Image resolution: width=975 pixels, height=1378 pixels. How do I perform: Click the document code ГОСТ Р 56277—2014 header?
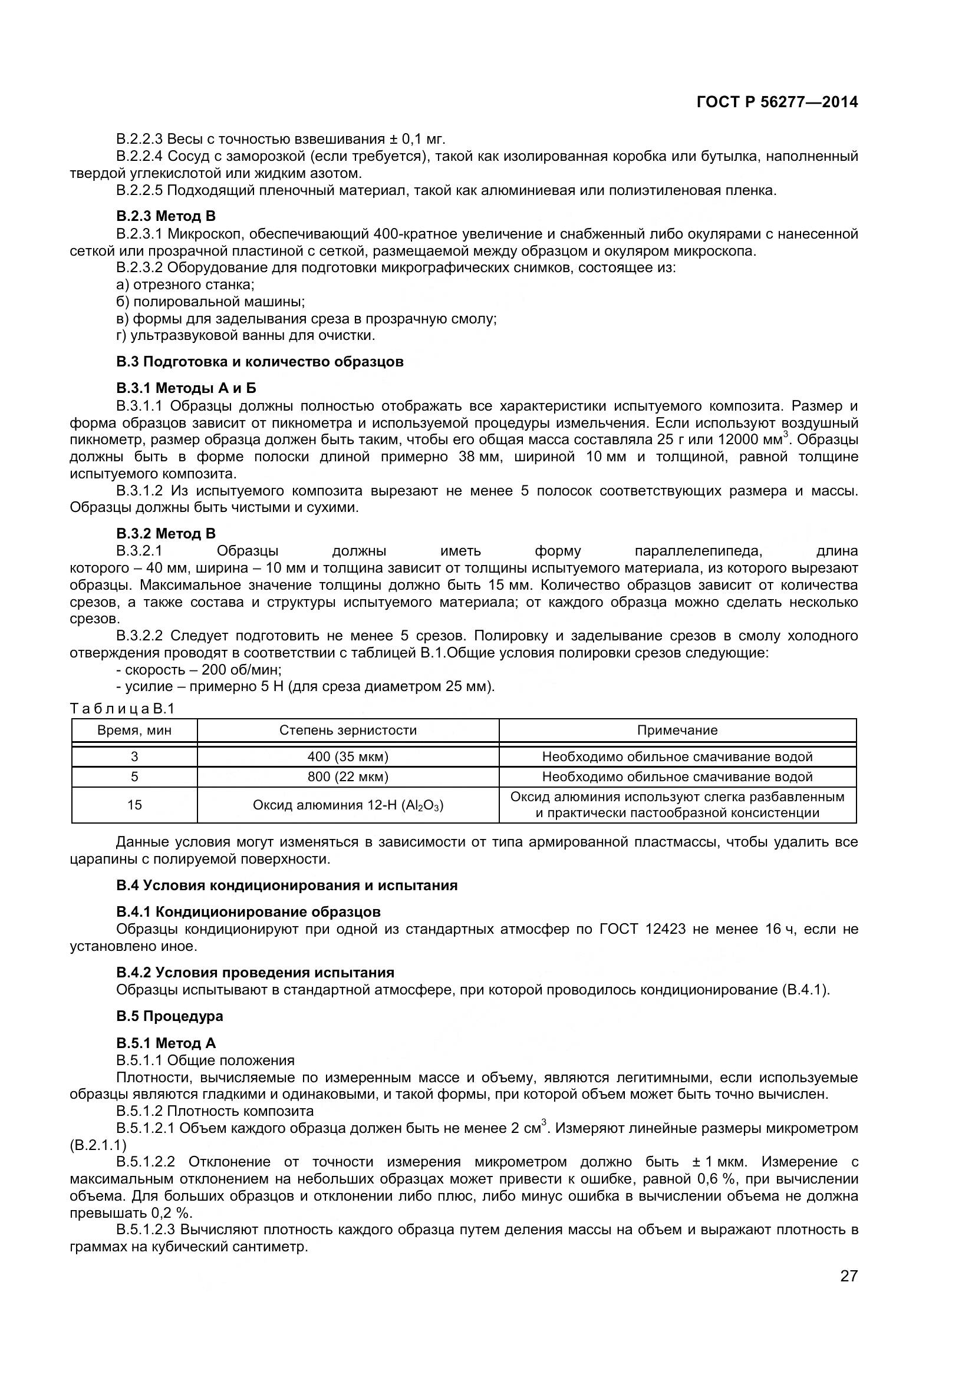click(x=777, y=102)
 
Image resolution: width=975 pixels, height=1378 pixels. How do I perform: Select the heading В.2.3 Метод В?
click(x=166, y=216)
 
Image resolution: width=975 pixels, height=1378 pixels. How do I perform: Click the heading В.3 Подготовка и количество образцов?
click(x=259, y=362)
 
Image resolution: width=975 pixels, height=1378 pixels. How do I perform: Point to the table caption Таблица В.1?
click(x=122, y=709)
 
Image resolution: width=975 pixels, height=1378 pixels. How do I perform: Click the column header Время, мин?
click(x=134, y=731)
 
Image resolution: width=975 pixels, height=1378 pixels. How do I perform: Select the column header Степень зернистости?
click(x=348, y=731)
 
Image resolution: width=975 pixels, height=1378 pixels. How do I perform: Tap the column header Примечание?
click(x=677, y=731)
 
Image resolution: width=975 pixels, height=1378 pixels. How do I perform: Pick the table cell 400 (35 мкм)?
click(x=348, y=757)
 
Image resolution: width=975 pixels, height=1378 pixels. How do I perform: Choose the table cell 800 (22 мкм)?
click(x=348, y=776)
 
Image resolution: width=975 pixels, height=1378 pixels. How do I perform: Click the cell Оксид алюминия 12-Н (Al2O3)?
click(x=348, y=805)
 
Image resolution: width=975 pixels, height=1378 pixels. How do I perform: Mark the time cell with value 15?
click(x=134, y=805)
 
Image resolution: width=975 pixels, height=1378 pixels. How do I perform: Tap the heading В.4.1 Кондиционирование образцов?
click(x=248, y=911)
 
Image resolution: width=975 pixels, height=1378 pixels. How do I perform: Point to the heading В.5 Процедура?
click(x=169, y=1016)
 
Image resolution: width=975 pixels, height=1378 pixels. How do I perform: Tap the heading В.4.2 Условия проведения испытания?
click(x=255, y=972)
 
